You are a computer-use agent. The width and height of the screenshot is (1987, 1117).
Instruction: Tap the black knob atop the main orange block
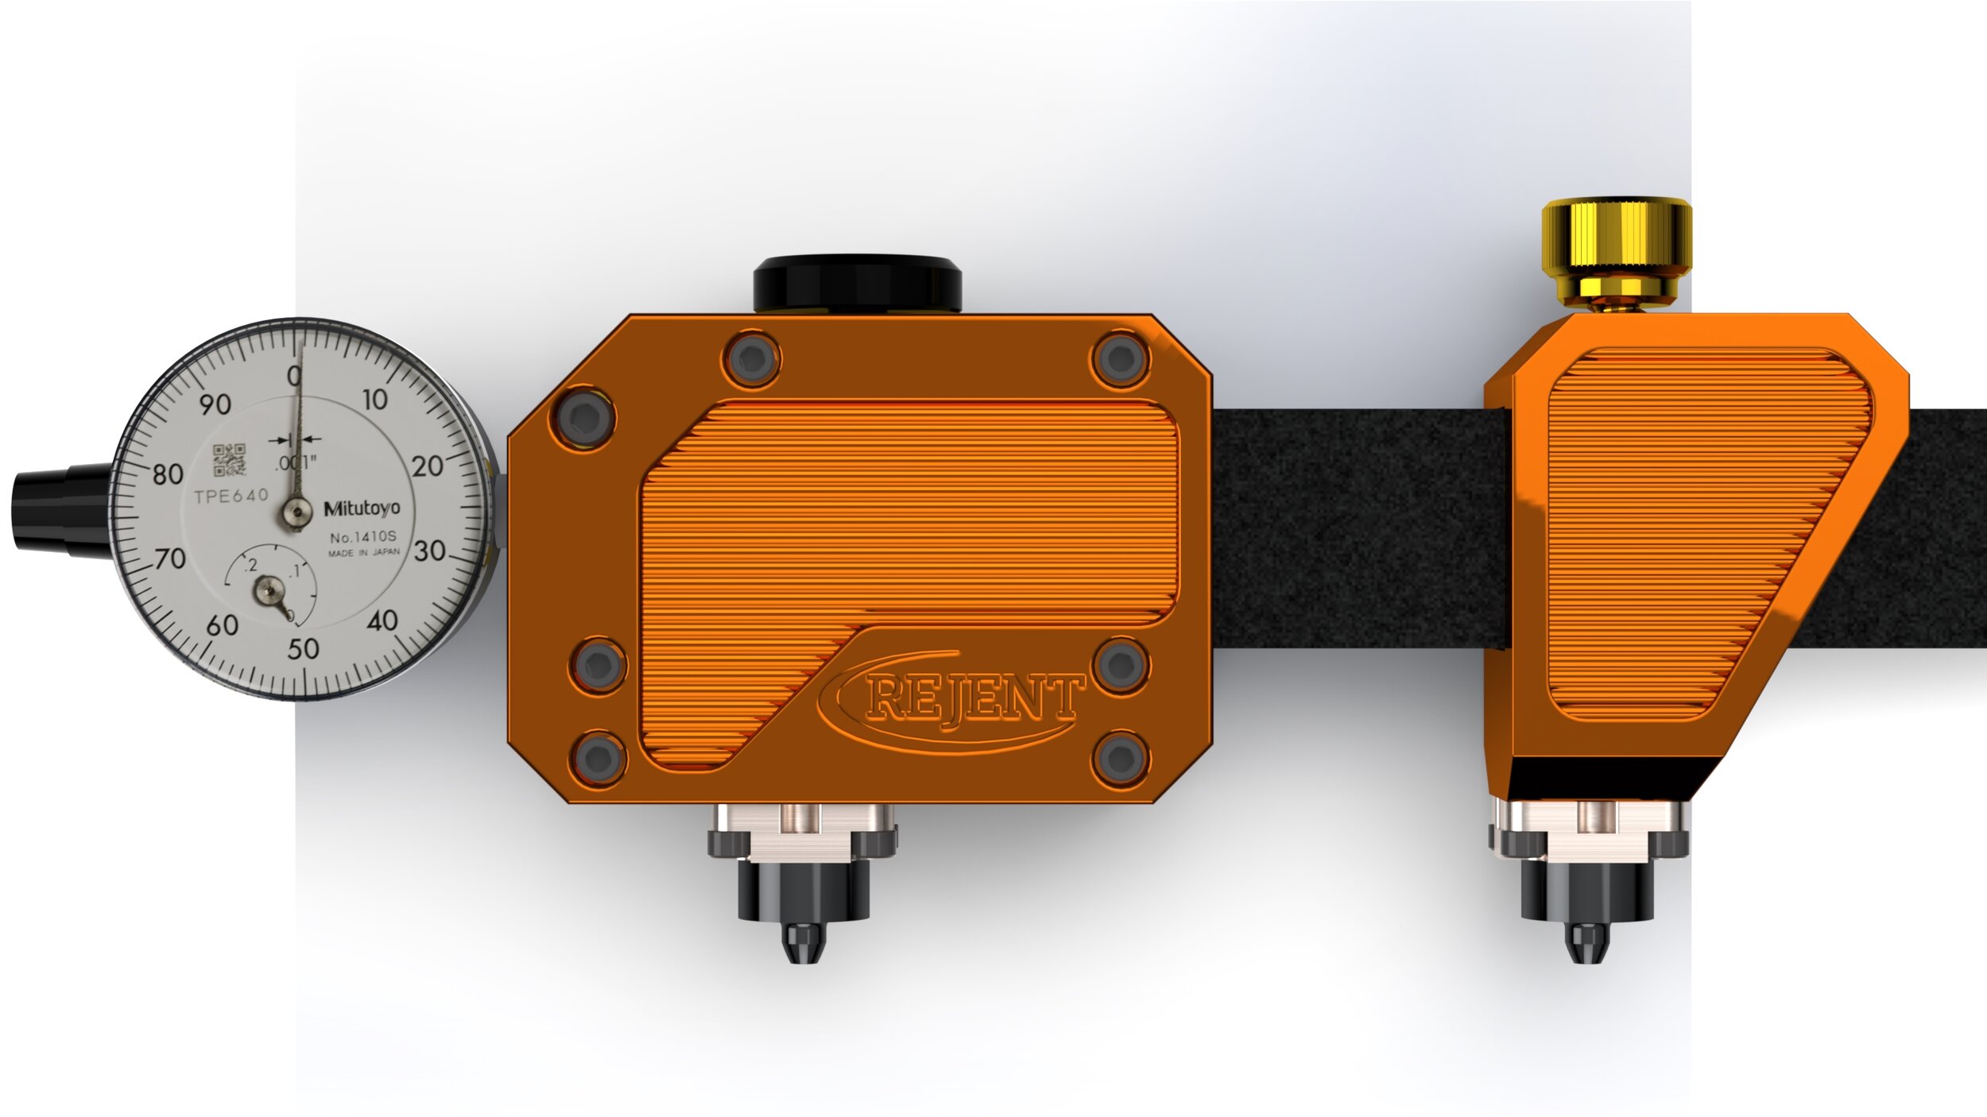[x=858, y=284]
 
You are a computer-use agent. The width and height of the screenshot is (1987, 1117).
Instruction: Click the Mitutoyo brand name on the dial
[x=362, y=508]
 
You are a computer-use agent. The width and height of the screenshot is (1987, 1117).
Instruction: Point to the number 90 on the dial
[x=215, y=404]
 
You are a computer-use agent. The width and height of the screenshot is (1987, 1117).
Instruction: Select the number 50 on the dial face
[x=303, y=649]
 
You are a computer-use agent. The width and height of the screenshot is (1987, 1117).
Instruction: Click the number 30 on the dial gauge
[x=429, y=551]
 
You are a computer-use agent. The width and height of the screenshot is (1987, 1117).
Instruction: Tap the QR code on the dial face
[x=230, y=460]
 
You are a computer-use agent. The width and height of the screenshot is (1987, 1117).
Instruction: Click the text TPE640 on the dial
[x=231, y=497]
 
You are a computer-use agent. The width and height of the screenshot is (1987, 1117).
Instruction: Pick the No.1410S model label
[x=362, y=537]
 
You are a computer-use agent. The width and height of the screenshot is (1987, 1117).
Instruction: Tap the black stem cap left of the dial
[x=60, y=508]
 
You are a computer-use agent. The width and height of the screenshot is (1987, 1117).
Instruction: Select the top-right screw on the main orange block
[x=1120, y=359]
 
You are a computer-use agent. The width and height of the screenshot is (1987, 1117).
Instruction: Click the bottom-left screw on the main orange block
[x=598, y=757]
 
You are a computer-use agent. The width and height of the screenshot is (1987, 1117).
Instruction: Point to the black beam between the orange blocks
[x=1351, y=528]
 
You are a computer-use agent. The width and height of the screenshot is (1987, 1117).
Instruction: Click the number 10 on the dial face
[x=374, y=400]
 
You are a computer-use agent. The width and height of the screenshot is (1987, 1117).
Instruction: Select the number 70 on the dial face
[x=169, y=558]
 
